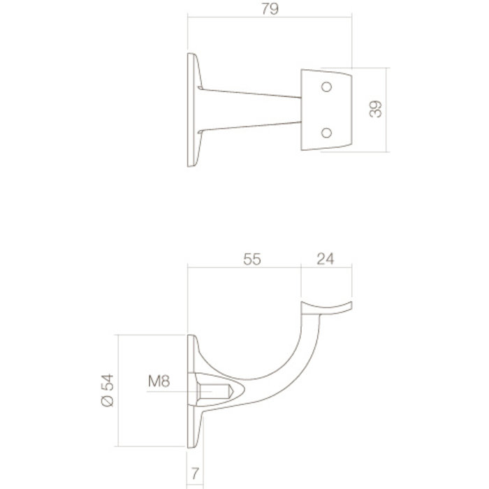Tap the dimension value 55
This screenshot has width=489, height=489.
point(252,258)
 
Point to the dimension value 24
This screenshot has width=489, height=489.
point(325,258)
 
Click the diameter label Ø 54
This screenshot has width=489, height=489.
point(107,389)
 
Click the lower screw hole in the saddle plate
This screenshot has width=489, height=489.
point(325,133)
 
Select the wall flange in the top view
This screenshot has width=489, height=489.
point(192,110)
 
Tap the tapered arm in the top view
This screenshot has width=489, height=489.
point(251,110)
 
